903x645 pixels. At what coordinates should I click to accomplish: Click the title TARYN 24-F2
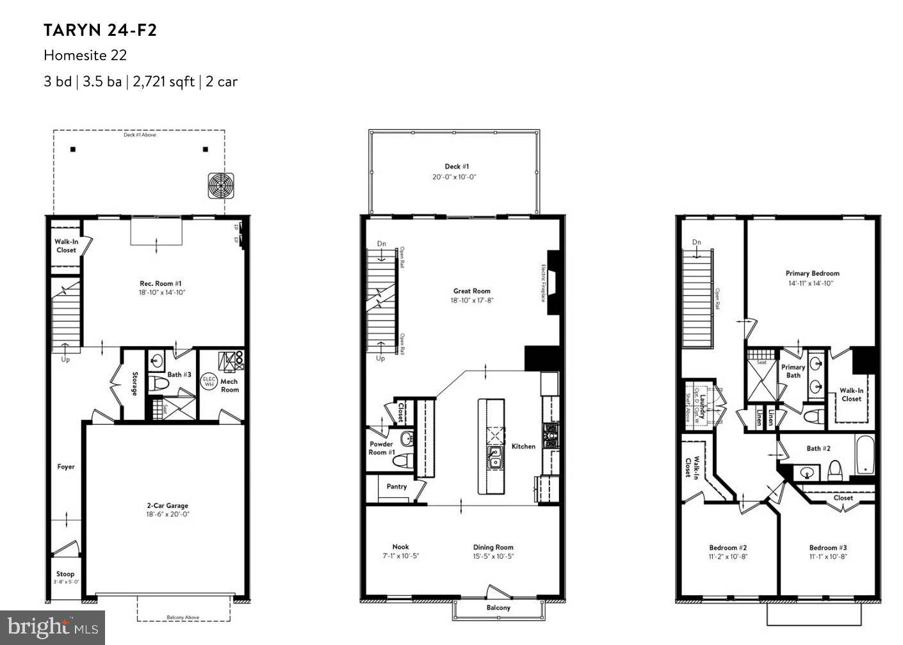coord(100,30)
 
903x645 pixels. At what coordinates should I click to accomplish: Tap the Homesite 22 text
coord(85,56)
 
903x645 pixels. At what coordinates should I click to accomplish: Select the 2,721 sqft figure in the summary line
coord(163,82)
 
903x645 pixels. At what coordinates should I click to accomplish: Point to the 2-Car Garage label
coord(168,506)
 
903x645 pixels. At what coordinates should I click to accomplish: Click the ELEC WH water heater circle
coord(209,381)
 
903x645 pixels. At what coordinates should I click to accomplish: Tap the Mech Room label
coord(229,385)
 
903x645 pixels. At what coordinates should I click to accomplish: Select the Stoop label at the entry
coord(65,574)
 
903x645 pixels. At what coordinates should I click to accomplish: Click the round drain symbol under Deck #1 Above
coord(220,186)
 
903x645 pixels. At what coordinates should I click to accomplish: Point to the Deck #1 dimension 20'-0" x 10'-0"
coord(453,177)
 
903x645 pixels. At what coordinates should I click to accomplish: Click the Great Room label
coord(471,291)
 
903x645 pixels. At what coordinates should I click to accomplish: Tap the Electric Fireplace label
coord(544,283)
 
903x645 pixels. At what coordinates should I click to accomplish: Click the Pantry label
coord(396,486)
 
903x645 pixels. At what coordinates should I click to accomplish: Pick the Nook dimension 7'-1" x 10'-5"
coord(400,556)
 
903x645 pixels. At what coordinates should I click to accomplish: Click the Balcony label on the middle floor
coord(498,607)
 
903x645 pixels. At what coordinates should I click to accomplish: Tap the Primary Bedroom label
coord(812,273)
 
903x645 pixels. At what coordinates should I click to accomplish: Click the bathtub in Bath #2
coord(865,455)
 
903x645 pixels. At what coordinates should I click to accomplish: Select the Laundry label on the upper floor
coord(703,406)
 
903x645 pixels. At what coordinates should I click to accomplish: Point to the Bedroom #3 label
coord(827,548)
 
